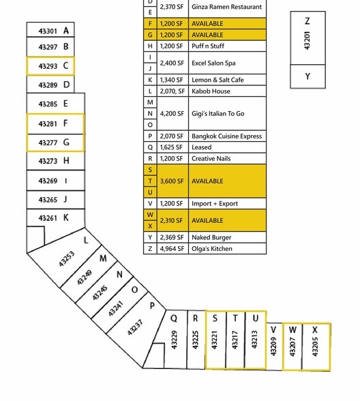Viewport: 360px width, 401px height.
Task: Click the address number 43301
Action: (x=48, y=31)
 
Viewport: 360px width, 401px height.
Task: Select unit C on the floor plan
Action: (x=50, y=66)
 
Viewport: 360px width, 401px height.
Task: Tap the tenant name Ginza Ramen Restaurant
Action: (x=227, y=7)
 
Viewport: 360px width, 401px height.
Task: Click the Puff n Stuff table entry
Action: (x=208, y=46)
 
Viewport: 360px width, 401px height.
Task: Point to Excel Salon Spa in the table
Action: (x=213, y=63)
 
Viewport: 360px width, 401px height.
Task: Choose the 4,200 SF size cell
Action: (x=172, y=113)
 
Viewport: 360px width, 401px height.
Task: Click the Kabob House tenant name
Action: (x=211, y=91)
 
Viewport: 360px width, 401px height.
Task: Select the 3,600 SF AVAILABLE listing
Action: (x=207, y=181)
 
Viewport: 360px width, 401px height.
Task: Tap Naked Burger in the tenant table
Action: (x=211, y=237)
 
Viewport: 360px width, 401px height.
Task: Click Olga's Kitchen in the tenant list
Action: (x=212, y=248)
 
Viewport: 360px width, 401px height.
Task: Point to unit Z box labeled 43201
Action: (x=308, y=38)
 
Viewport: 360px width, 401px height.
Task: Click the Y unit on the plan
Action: (x=308, y=76)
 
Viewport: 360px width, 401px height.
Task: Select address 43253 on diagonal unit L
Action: (x=67, y=259)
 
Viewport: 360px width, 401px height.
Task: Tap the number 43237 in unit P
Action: (x=135, y=327)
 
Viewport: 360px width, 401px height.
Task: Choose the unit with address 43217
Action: (x=235, y=340)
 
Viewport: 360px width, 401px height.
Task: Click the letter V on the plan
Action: (x=273, y=330)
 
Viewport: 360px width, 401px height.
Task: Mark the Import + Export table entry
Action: (x=215, y=203)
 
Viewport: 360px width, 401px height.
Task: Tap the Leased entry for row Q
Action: (x=202, y=147)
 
